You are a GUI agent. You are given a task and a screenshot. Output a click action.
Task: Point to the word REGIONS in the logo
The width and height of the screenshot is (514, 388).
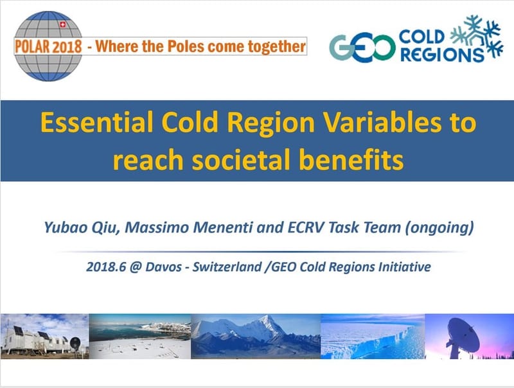tap(441, 54)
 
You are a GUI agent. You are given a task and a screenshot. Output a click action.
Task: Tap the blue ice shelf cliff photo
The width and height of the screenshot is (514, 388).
tap(373, 337)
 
